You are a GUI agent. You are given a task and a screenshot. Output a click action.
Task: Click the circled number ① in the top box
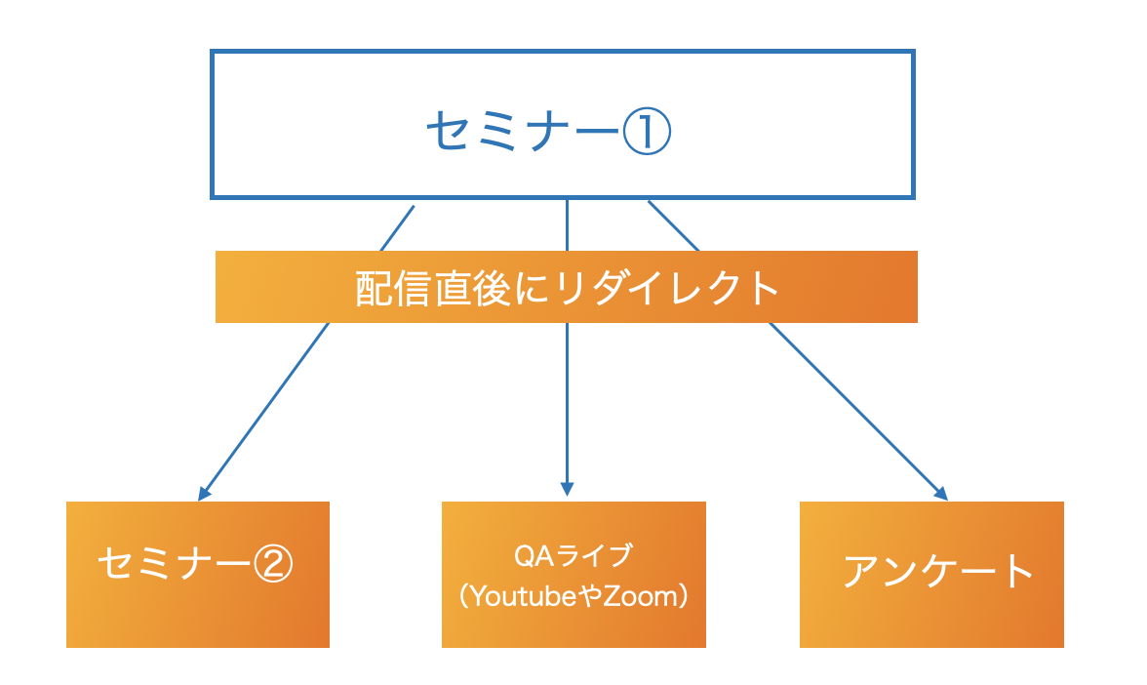click(x=647, y=132)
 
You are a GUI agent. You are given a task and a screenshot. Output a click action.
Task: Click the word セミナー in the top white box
click(x=523, y=132)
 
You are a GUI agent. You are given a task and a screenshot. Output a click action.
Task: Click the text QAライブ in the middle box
click(x=573, y=556)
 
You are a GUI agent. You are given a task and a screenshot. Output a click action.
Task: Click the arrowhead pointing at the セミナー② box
click(x=205, y=493)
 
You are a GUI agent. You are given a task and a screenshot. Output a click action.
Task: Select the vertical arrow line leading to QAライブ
click(x=568, y=400)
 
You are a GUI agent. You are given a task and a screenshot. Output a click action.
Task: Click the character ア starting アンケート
click(x=859, y=571)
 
